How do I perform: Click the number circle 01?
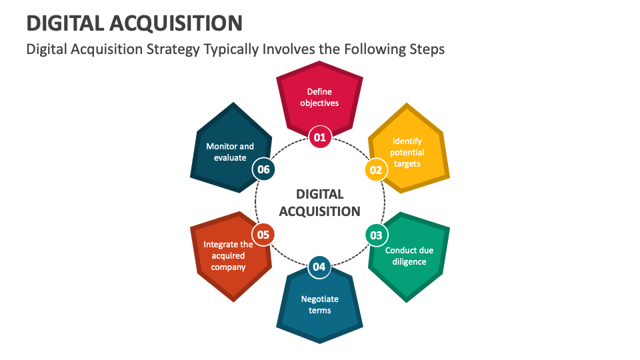coord(320,137)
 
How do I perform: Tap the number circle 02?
coord(376,170)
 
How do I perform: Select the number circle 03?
coord(376,235)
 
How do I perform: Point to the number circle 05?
coord(263,235)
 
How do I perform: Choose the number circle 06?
coord(263,170)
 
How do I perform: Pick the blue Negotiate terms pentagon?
coord(320,305)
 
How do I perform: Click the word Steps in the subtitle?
coord(425,49)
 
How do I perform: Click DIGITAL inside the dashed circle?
coord(320,194)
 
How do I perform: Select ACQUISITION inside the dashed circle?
coord(320,211)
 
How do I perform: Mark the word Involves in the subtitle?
coord(287,49)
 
